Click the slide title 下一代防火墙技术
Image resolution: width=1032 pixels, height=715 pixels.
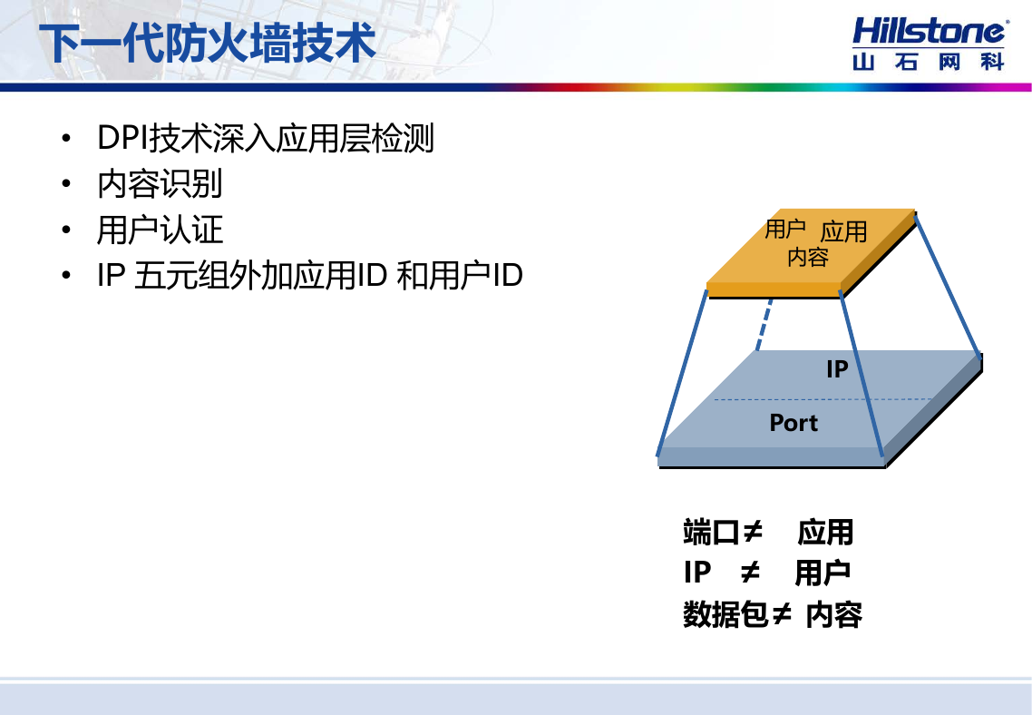208,44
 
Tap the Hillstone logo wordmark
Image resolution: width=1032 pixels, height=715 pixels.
930,32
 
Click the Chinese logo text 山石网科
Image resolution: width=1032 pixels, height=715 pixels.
929,62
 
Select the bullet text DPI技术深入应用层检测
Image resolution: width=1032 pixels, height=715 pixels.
265,138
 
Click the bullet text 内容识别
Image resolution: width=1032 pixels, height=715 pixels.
160,184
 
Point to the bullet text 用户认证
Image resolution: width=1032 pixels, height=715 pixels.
160,230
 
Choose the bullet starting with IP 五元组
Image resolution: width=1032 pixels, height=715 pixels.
310,275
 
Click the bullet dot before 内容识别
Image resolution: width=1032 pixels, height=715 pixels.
66,184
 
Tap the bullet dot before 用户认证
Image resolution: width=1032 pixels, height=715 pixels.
66,230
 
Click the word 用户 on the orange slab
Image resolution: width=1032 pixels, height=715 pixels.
785,230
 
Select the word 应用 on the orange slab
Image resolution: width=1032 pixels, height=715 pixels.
843,231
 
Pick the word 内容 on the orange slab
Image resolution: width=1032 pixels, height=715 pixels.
808,257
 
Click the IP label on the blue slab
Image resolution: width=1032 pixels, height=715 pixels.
837,369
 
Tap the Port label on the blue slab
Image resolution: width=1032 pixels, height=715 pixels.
793,423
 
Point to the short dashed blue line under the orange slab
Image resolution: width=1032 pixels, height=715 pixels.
764,325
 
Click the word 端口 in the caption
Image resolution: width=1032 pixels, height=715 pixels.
711,532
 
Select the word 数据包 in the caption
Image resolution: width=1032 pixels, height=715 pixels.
725,614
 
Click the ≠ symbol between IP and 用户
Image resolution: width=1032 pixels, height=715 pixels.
750,573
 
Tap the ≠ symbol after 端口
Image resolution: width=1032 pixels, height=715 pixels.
753,531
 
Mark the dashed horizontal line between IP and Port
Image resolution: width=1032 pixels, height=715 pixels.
823,399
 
